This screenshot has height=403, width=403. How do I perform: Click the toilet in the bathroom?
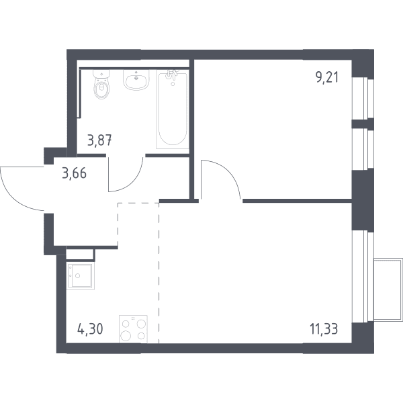pos(102,84)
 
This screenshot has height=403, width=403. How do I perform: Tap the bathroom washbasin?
pos(136,80)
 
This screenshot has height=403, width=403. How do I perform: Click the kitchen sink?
pos(81,276)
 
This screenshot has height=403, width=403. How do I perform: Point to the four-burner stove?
pos(133,329)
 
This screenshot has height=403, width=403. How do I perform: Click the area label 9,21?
pos(327,77)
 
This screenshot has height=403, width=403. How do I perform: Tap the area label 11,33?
pos(324,329)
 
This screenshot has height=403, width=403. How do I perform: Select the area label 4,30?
pos(90,329)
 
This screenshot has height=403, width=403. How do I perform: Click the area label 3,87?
pos(99,140)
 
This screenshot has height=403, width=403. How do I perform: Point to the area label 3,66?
pos(75,173)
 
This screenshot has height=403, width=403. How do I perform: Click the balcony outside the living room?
pos(388,289)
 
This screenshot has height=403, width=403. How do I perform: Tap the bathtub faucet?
pos(172,73)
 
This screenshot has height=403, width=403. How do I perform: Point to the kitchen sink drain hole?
pos(78,276)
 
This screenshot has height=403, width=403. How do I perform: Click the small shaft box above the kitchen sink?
pos(80,254)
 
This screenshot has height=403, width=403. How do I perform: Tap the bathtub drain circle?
pos(173,84)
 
